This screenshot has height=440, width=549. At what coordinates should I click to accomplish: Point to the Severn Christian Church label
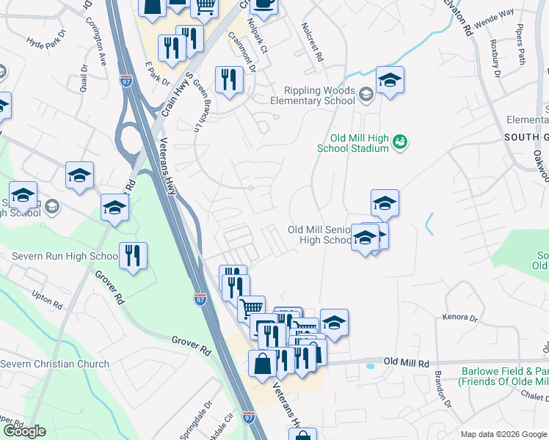click(54, 364)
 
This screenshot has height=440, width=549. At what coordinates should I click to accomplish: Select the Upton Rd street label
click(48, 298)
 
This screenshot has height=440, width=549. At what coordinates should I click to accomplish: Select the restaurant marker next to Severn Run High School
click(133, 256)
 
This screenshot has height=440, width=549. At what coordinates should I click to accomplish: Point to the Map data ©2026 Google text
click(503, 434)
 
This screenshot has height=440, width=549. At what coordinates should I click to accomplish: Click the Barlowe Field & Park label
click(503, 376)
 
